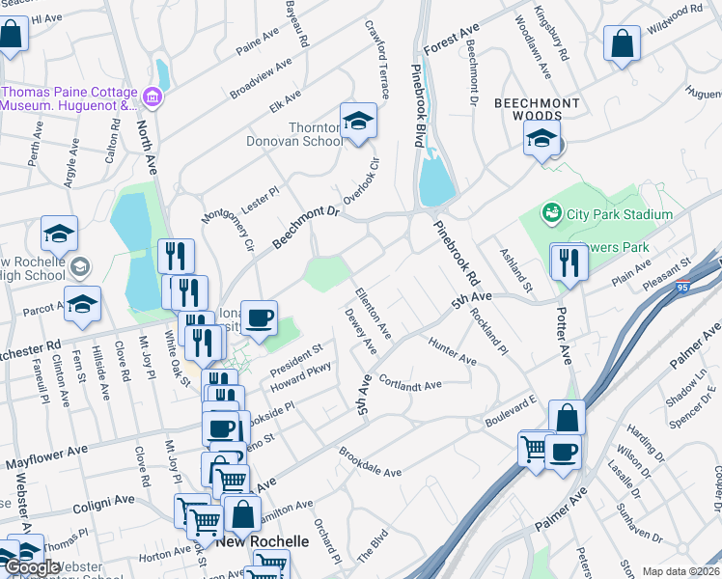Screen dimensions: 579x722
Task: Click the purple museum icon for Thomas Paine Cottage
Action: coord(152,97)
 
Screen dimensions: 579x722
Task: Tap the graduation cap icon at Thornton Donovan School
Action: coord(358,123)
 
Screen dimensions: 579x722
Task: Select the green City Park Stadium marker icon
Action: coord(551,211)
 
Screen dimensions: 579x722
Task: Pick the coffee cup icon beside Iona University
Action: coord(258,317)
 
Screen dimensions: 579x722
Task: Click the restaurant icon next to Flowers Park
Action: coord(569,262)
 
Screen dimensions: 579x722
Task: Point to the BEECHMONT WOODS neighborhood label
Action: coord(537,109)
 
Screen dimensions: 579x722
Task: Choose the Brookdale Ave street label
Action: coord(370,461)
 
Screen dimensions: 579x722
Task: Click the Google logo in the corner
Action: coord(32,566)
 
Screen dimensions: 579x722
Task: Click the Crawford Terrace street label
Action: coord(375,59)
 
